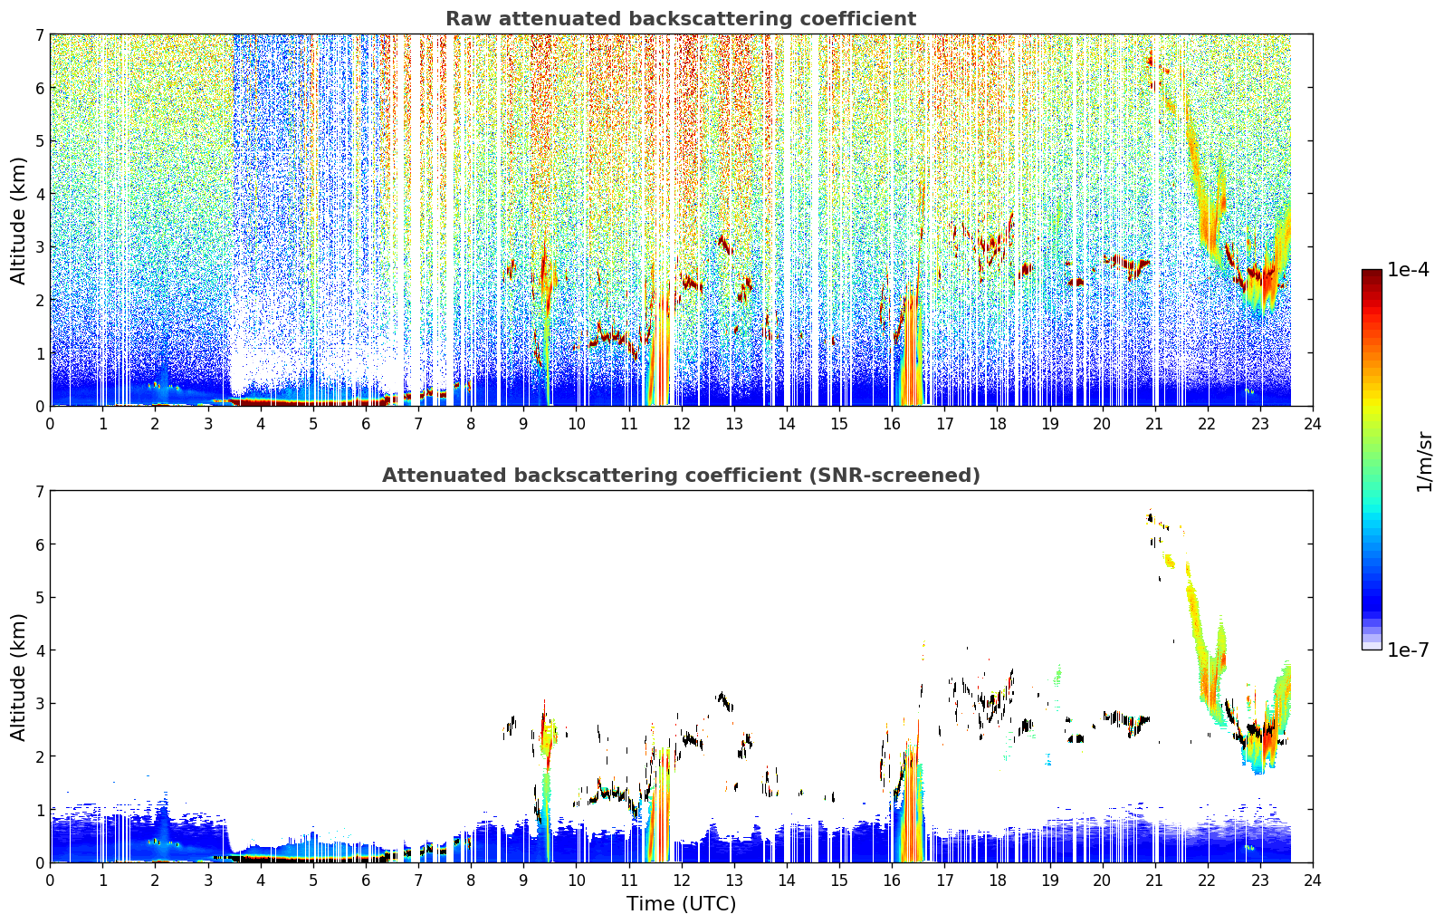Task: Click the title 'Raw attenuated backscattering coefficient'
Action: coord(681,19)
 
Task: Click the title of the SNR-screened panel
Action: coord(681,475)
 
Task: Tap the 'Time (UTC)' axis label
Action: coord(681,903)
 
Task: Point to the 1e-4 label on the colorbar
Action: coord(1408,270)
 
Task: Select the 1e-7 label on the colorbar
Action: coord(1408,650)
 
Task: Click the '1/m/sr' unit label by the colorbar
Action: coord(1424,463)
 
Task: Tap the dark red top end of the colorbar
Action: coord(1372,273)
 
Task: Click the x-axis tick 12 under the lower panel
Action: coord(682,881)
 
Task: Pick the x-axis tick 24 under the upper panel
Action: coord(1313,424)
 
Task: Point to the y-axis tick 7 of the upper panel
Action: coord(39,34)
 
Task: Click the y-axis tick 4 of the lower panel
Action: coord(39,650)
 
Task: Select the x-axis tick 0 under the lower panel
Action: coord(51,881)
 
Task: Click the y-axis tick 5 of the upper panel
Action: coord(39,140)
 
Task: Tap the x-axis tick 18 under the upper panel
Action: coord(998,424)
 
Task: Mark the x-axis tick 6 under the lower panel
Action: coord(366,881)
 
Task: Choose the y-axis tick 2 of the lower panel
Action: coord(39,756)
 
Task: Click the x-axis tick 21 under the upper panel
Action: coord(1155,424)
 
